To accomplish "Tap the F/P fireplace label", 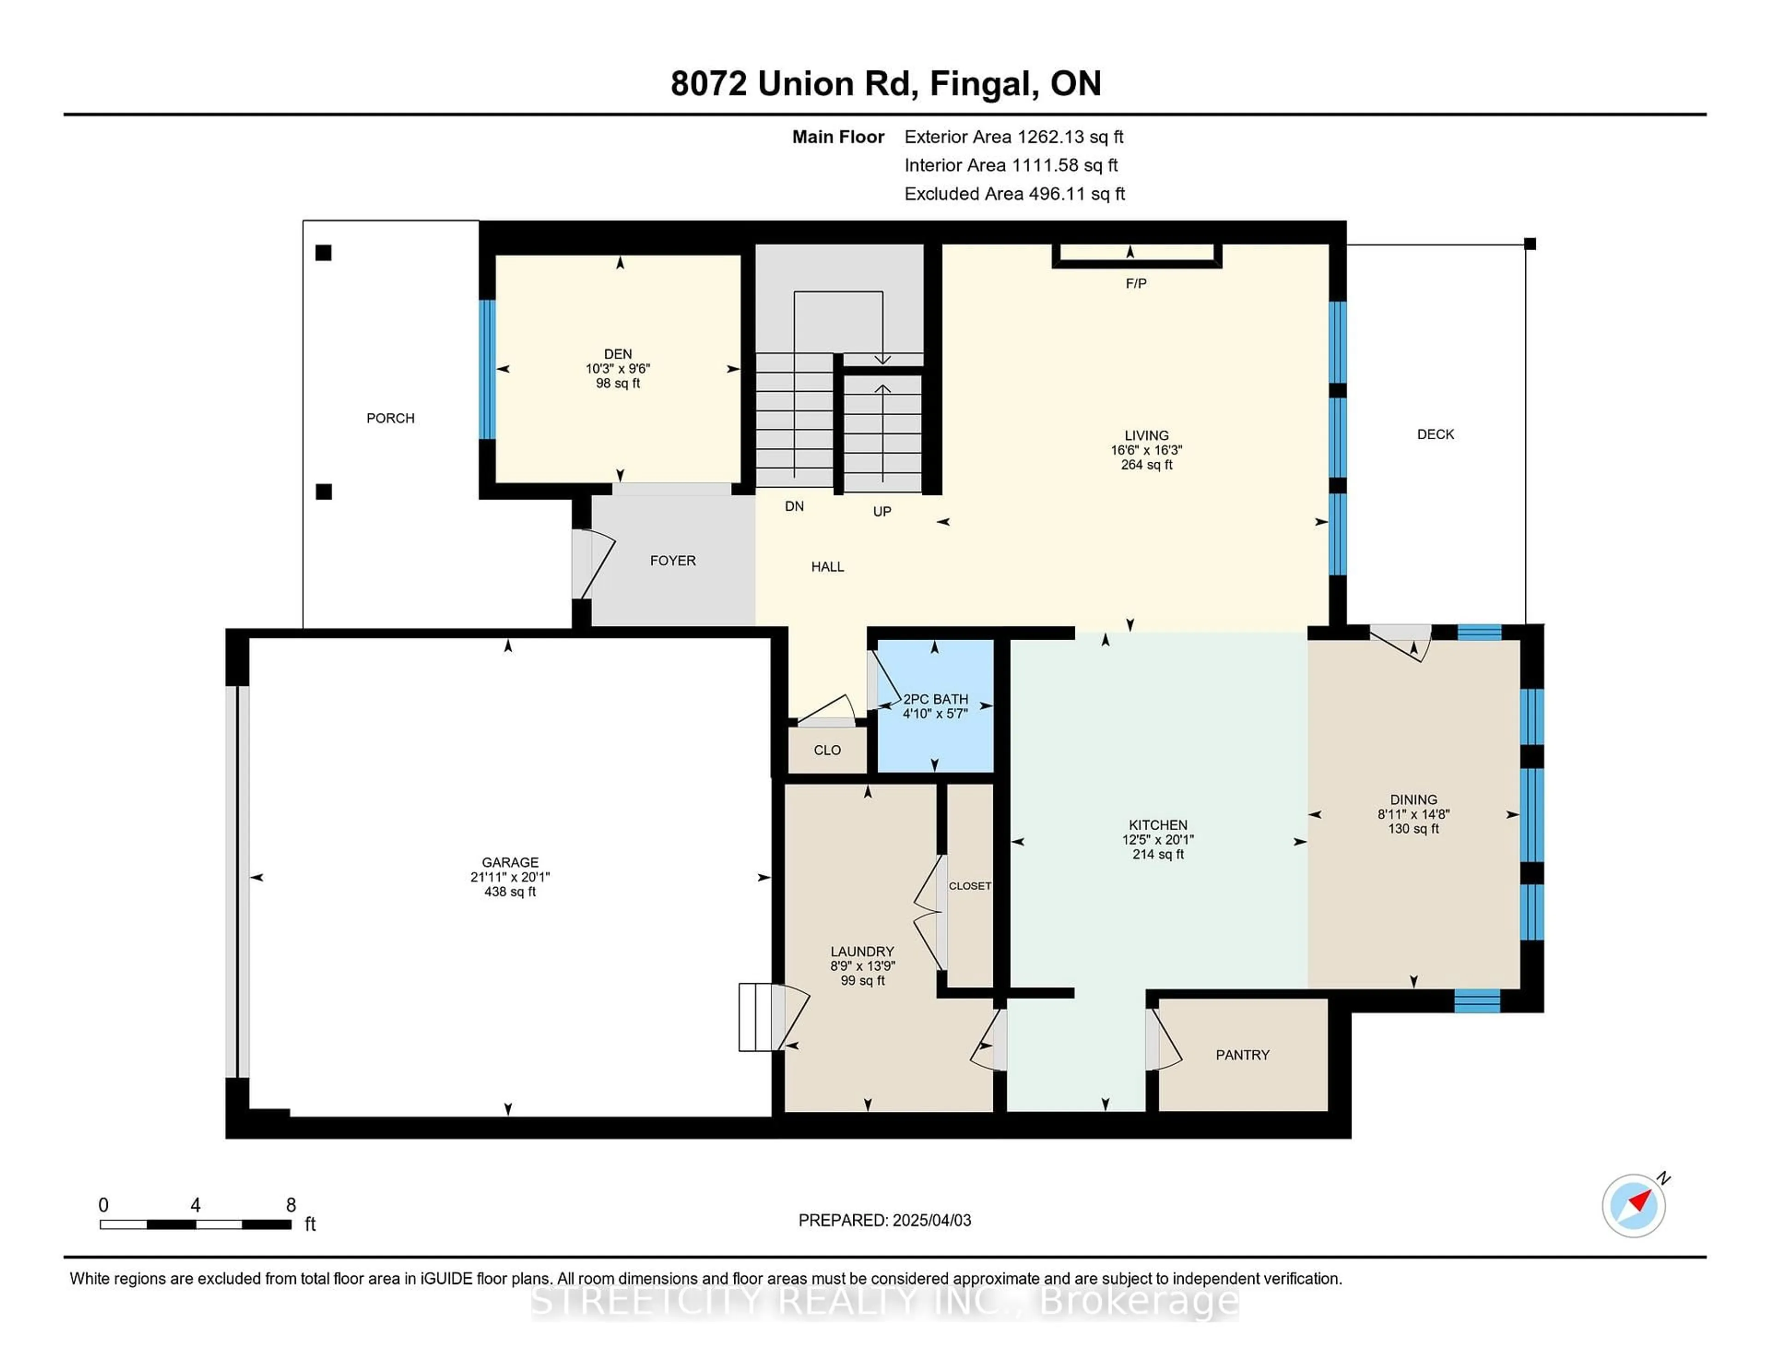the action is [1135, 283].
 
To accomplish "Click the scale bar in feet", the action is [195, 1224].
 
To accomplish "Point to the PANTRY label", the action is [1242, 1055].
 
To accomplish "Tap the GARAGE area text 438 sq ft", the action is [510, 891].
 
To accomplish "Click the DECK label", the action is [1435, 434].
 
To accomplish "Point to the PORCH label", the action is [390, 418].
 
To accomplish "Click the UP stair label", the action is [882, 511].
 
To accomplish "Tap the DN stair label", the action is [794, 507].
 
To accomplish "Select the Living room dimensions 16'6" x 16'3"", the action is [1146, 450].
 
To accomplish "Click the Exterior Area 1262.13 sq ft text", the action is [1014, 137].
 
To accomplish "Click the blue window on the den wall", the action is [486, 370].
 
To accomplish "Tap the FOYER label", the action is [673, 561].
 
